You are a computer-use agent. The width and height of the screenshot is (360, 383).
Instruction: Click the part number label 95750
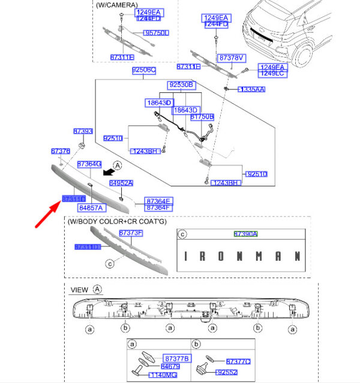pyautogui.click(x=157, y=33)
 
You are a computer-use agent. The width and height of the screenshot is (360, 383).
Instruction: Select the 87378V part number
pyautogui.click(x=232, y=58)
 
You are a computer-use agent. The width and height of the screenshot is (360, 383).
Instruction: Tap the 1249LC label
pyautogui.click(x=272, y=74)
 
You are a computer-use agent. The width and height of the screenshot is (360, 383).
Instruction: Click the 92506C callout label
pyautogui.click(x=144, y=70)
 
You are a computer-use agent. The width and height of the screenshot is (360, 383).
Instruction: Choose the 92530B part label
pyautogui.click(x=181, y=85)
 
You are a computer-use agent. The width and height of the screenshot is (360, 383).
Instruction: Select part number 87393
pyautogui.click(x=83, y=131)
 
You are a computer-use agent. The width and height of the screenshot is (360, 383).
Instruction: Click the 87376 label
pyautogui.click(x=61, y=152)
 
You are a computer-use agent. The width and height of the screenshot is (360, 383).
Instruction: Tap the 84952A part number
pyautogui.click(x=121, y=182)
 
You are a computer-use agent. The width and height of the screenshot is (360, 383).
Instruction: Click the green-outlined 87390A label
pyautogui.click(x=245, y=234)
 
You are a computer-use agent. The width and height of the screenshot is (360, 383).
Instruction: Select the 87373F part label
pyautogui.click(x=130, y=232)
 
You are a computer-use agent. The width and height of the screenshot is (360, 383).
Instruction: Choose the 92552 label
pyautogui.click(x=227, y=372)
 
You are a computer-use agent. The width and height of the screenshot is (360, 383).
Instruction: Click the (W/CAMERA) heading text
pyautogui.click(x=116, y=4)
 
